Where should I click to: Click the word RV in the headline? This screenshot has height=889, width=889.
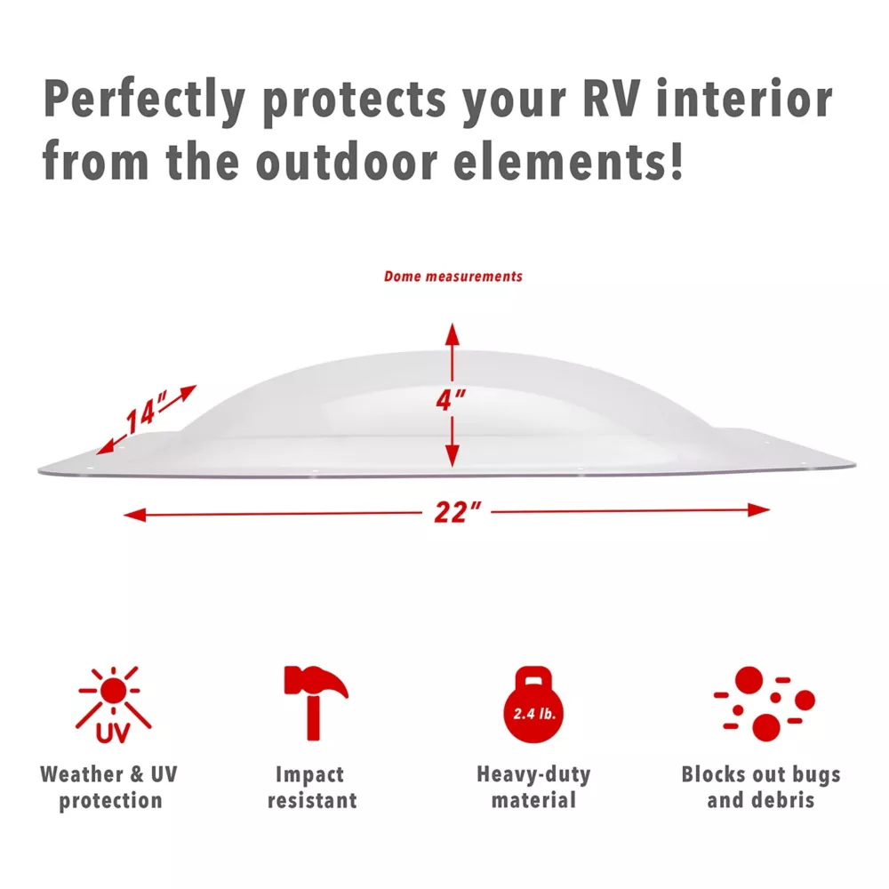pyautogui.click(x=612, y=99)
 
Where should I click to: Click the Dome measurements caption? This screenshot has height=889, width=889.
pyautogui.click(x=453, y=276)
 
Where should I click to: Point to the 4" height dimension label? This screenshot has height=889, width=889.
pyautogui.click(x=451, y=400)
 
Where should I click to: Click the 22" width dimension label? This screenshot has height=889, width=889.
pyautogui.click(x=457, y=512)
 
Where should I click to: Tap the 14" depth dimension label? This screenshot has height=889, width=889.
pyautogui.click(x=146, y=412)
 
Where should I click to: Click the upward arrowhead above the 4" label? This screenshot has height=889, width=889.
pyautogui.click(x=452, y=334)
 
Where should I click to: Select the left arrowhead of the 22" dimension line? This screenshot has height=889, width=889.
pyautogui.click(x=135, y=515)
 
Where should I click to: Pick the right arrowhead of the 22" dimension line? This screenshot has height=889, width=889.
pyautogui.click(x=758, y=509)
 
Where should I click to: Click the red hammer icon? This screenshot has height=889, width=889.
pyautogui.click(x=316, y=702)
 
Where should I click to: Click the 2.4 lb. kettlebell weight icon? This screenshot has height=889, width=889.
pyautogui.click(x=533, y=705)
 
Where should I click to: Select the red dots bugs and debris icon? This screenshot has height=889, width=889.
pyautogui.click(x=765, y=703)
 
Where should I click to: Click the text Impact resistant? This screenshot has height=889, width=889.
pyautogui.click(x=312, y=788)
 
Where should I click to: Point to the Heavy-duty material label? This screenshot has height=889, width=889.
pyautogui.click(x=533, y=788)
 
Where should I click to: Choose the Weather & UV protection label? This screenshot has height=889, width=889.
pyautogui.click(x=109, y=788)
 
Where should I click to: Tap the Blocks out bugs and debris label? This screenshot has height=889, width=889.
pyautogui.click(x=761, y=788)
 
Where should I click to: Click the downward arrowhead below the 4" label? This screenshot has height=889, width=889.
pyautogui.click(x=452, y=456)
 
